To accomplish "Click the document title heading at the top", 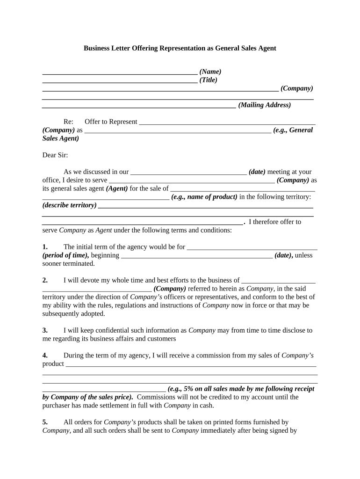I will click(180, 48).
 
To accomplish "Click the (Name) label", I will click(210, 72).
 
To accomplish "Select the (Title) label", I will click(209, 80).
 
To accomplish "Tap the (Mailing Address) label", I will click(264, 105).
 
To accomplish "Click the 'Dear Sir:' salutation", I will click(55, 155).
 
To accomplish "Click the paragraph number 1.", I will click(45, 247).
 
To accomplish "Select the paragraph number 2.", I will click(45, 280).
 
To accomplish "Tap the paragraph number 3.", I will click(45, 330).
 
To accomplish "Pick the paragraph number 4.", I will click(45, 356).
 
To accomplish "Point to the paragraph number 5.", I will click(45, 422).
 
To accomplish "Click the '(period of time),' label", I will click(65, 255).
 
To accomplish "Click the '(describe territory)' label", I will click(70, 205).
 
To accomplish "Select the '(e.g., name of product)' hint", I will click(204, 197).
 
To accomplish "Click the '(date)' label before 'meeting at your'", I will click(257, 172).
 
